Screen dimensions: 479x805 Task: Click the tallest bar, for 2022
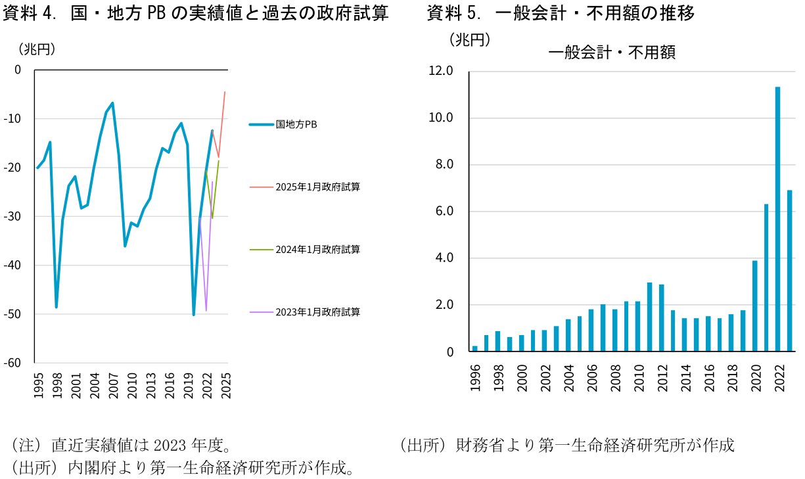point(777,219)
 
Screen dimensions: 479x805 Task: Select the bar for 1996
point(474,349)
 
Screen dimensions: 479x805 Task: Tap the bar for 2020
point(754,306)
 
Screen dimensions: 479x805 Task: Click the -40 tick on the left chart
point(13,265)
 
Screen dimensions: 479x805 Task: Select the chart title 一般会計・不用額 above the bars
point(611,53)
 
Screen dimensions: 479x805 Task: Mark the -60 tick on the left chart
point(13,363)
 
